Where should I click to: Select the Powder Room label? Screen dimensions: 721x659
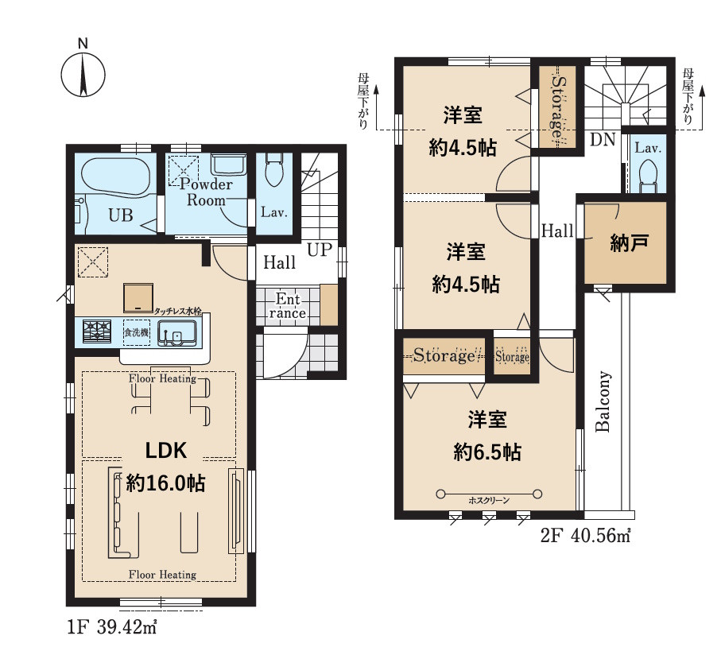pyautogui.click(x=206, y=192)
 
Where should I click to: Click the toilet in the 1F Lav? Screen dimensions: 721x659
pyautogui.click(x=274, y=169)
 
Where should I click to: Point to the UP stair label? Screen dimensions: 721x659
pyautogui.click(x=320, y=250)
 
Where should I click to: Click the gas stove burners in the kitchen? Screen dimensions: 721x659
pyautogui.click(x=97, y=331)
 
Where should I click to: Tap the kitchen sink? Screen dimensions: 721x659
pyautogui.click(x=177, y=333)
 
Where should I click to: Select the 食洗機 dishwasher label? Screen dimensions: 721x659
pyautogui.click(x=137, y=332)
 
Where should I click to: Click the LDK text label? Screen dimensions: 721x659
pyautogui.click(x=166, y=451)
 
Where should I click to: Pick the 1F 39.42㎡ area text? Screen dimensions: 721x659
pyautogui.click(x=113, y=627)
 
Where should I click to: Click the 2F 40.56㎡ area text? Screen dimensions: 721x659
pyautogui.click(x=585, y=535)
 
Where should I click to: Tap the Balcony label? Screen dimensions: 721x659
pyautogui.click(x=603, y=401)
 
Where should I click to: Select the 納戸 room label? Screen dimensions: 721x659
pyautogui.click(x=629, y=242)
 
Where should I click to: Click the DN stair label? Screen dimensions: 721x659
pyautogui.click(x=603, y=139)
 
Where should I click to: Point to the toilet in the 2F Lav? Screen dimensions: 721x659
pyautogui.click(x=649, y=175)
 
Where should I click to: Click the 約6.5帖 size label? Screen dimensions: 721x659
pyautogui.click(x=487, y=452)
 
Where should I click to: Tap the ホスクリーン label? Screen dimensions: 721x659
pyautogui.click(x=489, y=500)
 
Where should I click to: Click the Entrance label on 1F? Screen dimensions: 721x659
pyautogui.click(x=288, y=306)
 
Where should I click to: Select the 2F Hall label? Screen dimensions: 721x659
pyautogui.click(x=557, y=231)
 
